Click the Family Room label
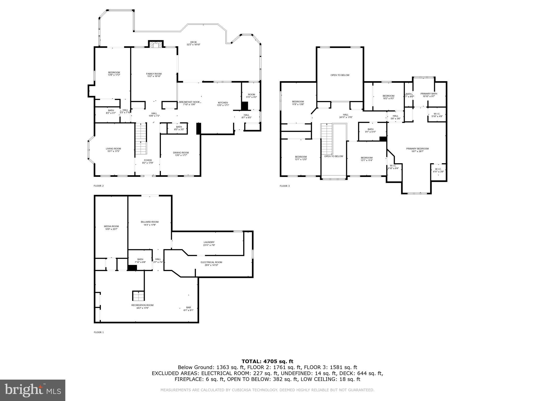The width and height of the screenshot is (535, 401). click(x=154, y=75)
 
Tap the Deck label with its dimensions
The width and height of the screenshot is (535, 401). click(x=193, y=43)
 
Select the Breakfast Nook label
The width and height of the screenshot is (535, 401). click(x=189, y=103)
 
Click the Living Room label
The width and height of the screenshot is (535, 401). click(x=113, y=150)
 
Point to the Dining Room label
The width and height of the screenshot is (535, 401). click(x=181, y=154)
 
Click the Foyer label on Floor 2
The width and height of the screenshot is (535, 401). click(x=148, y=161)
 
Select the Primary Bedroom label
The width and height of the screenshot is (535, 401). click(x=417, y=150)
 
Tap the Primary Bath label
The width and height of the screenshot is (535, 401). click(x=428, y=95)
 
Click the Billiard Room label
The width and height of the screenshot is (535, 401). click(x=150, y=223)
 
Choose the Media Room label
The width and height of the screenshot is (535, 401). click(x=111, y=228)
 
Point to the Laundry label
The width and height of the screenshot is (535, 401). click(x=209, y=244)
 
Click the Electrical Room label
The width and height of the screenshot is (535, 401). click(x=211, y=263)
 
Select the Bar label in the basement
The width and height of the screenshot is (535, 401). click(x=188, y=309)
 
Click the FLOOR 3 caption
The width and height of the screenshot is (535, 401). click(x=284, y=186)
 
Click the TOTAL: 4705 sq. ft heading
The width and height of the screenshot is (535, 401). click(x=267, y=361)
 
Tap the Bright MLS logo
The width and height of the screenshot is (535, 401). click(x=33, y=390)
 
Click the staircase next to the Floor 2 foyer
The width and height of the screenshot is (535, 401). click(x=141, y=139)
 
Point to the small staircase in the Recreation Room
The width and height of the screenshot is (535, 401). click(x=138, y=296)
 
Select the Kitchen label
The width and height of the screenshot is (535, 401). click(x=223, y=104)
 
